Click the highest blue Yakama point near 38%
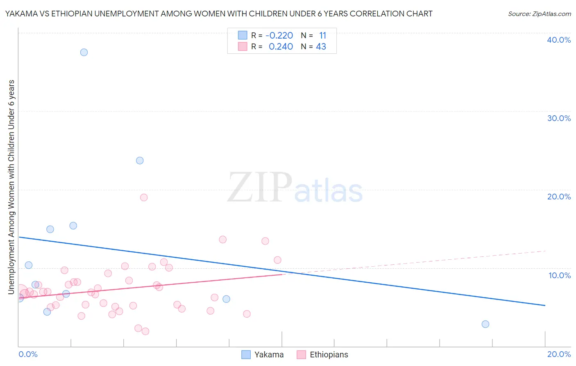[84, 52]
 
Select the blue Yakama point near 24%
[140, 160]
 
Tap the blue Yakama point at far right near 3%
[485, 324]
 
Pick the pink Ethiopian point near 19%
[144, 197]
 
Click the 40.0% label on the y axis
[559, 40]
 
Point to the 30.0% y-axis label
[559, 118]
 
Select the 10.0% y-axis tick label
[560, 275]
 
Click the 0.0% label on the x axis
[28, 354]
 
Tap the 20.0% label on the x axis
[559, 354]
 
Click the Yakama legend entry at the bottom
[268, 355]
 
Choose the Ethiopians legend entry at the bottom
[329, 355]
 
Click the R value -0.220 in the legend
[279, 36]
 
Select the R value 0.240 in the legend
[281, 47]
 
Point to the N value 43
[321, 47]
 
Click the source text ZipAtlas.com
[539, 14]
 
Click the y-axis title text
[11, 187]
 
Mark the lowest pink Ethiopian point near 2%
[145, 332]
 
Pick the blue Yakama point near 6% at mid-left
[226, 299]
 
